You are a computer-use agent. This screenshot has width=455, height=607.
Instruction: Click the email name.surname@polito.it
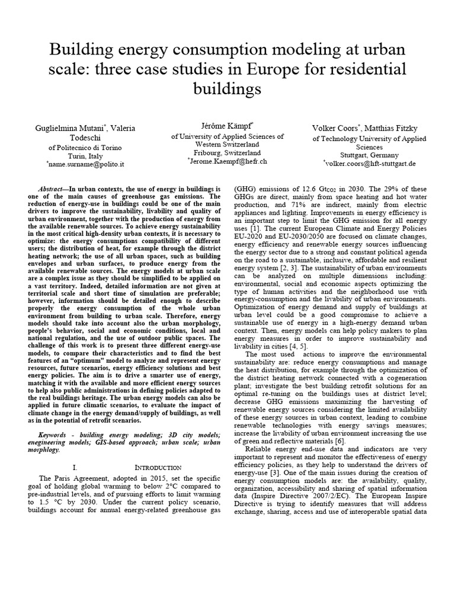[x=85, y=162]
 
